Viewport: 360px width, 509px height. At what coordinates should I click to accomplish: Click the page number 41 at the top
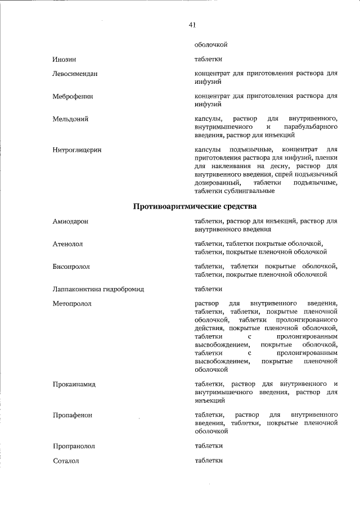pyautogui.click(x=192, y=24)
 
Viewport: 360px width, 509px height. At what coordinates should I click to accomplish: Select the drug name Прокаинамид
pyautogui.click(x=74, y=385)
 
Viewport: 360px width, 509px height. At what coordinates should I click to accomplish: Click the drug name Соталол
pyautogui.click(x=65, y=461)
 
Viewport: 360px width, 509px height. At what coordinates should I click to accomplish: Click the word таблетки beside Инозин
pyautogui.click(x=208, y=59)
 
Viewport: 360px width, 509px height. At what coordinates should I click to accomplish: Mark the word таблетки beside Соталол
pyautogui.click(x=208, y=461)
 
